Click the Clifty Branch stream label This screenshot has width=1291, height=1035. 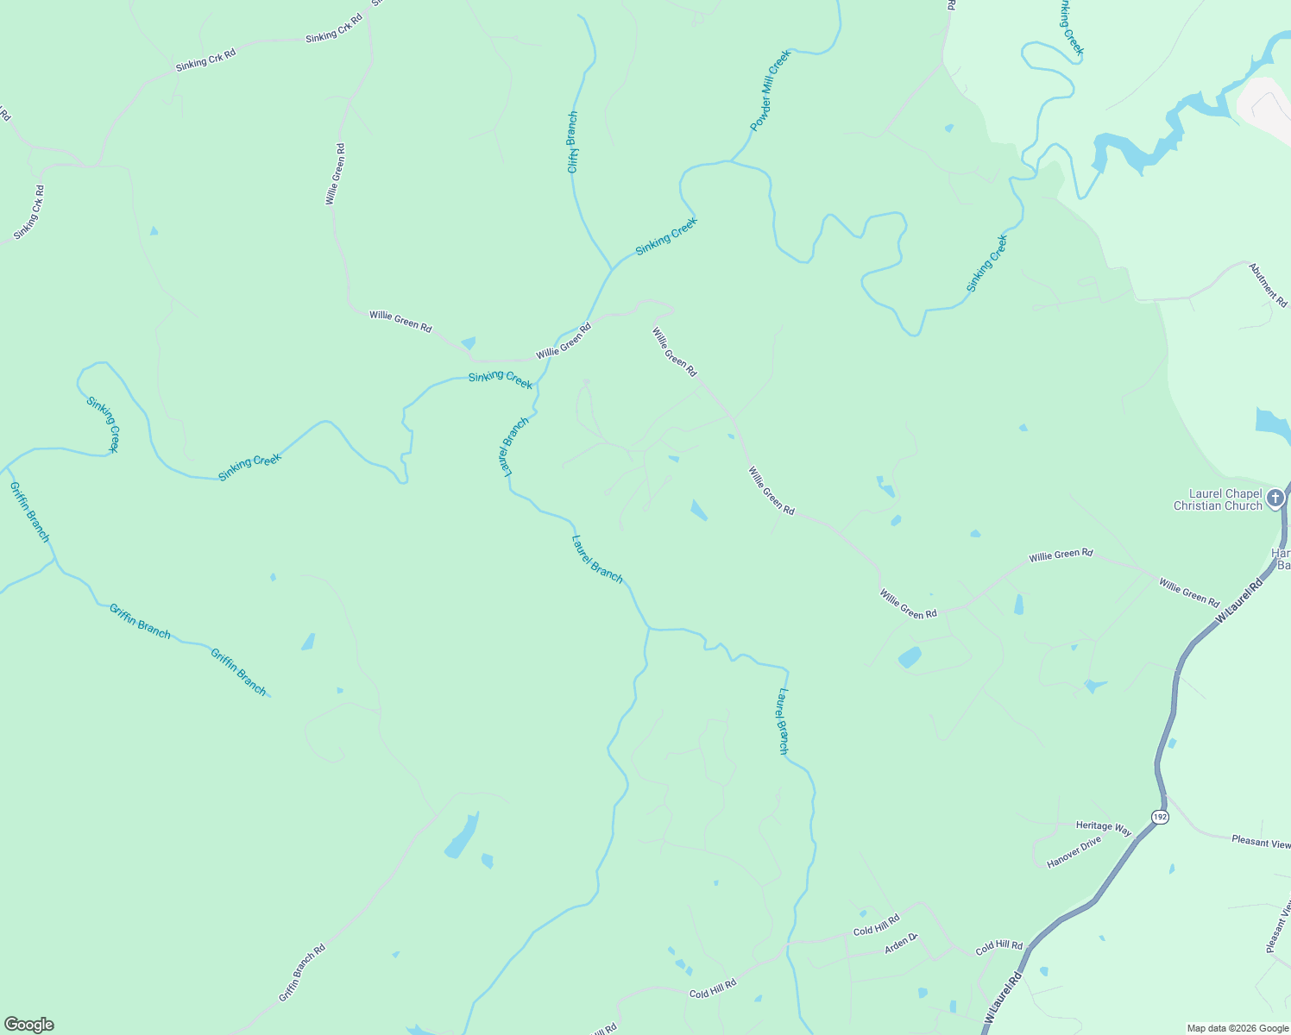pos(572,142)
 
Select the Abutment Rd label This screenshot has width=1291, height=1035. pos(1268,285)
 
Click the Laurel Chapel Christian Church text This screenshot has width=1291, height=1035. pos(1217,500)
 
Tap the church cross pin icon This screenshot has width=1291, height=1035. pos(1275,499)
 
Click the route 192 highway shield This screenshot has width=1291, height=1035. pos(1159,816)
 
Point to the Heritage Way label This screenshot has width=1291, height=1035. pos(1103,827)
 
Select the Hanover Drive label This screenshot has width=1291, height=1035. pos(1074,852)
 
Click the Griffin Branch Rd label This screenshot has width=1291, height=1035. pos(302,973)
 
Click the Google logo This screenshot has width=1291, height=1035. pos(29,1025)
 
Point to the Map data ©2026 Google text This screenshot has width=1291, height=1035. pos(1237,1028)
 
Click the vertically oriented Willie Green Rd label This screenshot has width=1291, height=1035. pos(335,174)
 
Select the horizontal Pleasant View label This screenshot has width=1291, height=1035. pos(1260,841)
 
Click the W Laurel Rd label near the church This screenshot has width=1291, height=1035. pos(1238,602)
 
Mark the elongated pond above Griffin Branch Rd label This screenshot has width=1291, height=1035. pos(462,835)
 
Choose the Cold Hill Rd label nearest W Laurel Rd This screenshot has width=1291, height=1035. pos(998,947)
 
